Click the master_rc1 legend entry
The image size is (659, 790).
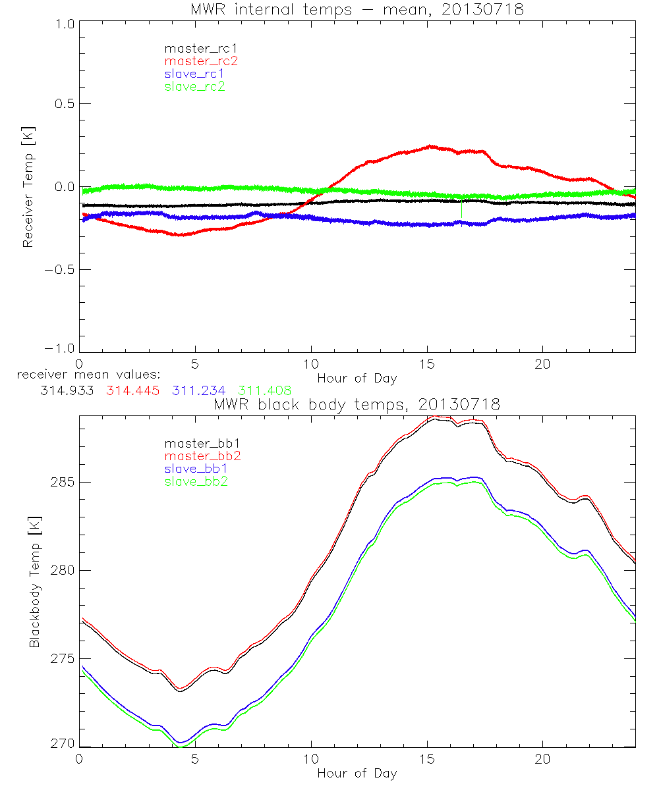[x=194, y=48]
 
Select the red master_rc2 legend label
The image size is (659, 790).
[x=201, y=61]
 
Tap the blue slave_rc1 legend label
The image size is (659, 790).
[x=194, y=73]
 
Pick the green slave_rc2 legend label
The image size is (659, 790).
[x=194, y=86]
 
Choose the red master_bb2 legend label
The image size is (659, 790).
[x=203, y=456]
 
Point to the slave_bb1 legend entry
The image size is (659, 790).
[x=196, y=469]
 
